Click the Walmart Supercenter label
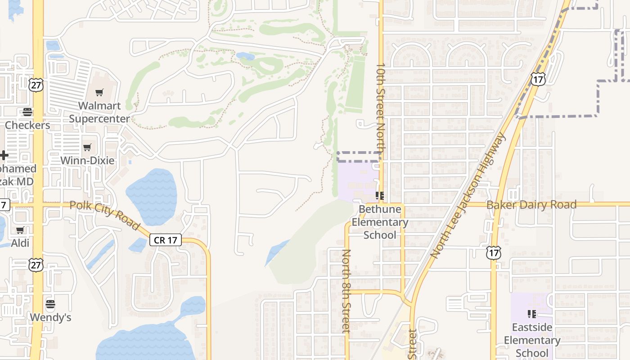click(99, 112)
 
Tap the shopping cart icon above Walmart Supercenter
click(99, 93)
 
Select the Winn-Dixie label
click(87, 161)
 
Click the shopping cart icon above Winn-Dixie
click(87, 147)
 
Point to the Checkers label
click(27, 125)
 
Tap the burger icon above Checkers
click(27, 112)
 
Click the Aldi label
click(20, 243)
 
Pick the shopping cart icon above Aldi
click(20, 230)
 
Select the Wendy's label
click(50, 318)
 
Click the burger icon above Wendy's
click(50, 304)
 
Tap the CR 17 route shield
click(165, 240)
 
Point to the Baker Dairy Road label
click(531, 205)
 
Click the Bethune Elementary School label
click(380, 222)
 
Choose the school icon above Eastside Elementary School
click(531, 314)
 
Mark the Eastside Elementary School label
click(532, 340)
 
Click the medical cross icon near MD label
click(4, 156)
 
